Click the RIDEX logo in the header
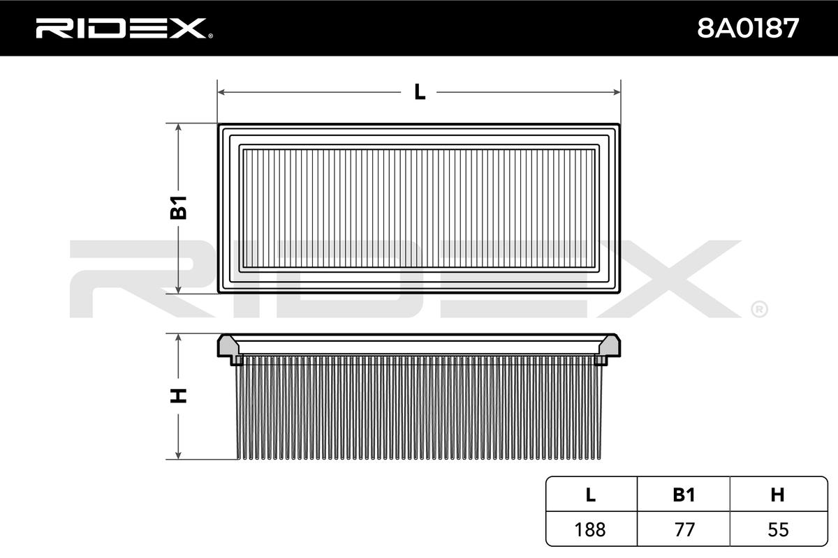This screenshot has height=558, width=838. (x=124, y=28)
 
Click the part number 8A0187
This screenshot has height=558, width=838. (x=748, y=29)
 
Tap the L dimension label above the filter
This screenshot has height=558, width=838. (x=420, y=92)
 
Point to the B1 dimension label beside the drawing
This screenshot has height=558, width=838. (x=179, y=207)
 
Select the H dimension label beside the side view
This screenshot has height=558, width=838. (x=179, y=396)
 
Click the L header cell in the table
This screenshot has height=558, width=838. (x=591, y=495)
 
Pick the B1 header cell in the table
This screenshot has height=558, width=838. (x=684, y=495)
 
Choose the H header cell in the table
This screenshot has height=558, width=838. (x=778, y=495)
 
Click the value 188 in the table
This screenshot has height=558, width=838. (x=589, y=529)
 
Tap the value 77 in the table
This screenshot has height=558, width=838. (x=684, y=529)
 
